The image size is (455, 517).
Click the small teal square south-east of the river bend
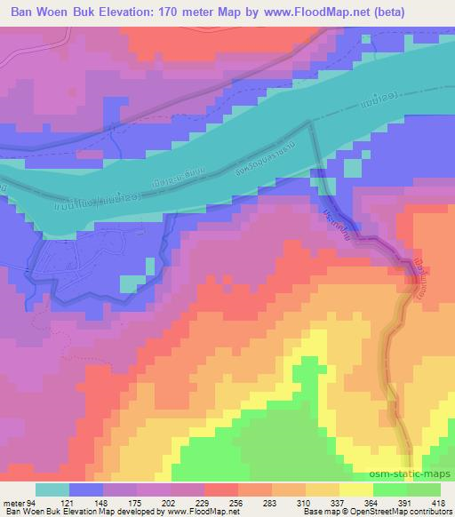click(x=353, y=168)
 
